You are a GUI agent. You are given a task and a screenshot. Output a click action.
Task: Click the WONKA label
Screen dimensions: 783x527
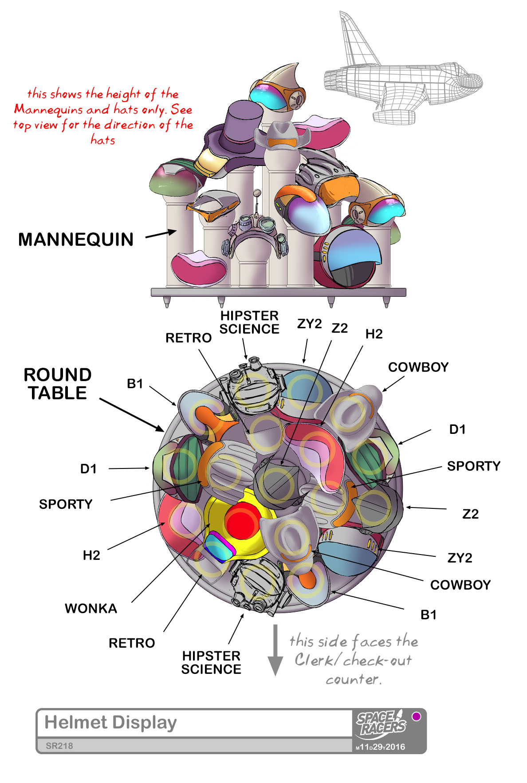(91, 608)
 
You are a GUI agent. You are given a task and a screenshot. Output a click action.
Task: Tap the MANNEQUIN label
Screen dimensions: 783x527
(76, 240)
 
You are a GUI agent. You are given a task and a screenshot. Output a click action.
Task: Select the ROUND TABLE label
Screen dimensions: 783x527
(58, 384)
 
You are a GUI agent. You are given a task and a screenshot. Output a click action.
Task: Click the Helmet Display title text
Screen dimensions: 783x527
(110, 722)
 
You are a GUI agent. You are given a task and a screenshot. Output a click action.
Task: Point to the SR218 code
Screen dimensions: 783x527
(59, 746)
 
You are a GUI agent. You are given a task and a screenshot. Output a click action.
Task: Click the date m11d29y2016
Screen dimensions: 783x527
(380, 747)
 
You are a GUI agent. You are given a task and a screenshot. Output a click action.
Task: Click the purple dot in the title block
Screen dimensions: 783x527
(416, 716)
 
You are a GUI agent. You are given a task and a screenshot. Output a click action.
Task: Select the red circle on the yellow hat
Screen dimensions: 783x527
(242, 521)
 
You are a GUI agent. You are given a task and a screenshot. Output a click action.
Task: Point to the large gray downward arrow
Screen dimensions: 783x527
(275, 650)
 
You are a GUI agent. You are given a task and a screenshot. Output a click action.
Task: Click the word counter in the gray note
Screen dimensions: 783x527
(353, 680)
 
